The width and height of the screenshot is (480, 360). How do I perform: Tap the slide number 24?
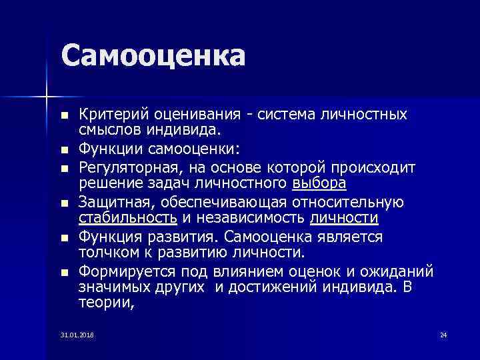tap(443, 334)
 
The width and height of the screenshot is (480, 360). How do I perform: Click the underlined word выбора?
tap(319, 183)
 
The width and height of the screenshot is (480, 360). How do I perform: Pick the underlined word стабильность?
tap(127, 218)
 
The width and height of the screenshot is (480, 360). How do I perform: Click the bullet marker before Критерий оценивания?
tap(64, 115)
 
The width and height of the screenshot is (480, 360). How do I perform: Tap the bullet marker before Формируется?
tap(64, 272)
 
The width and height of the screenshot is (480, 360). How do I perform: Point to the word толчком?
tap(103, 253)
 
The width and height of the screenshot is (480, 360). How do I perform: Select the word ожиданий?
tap(405, 271)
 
